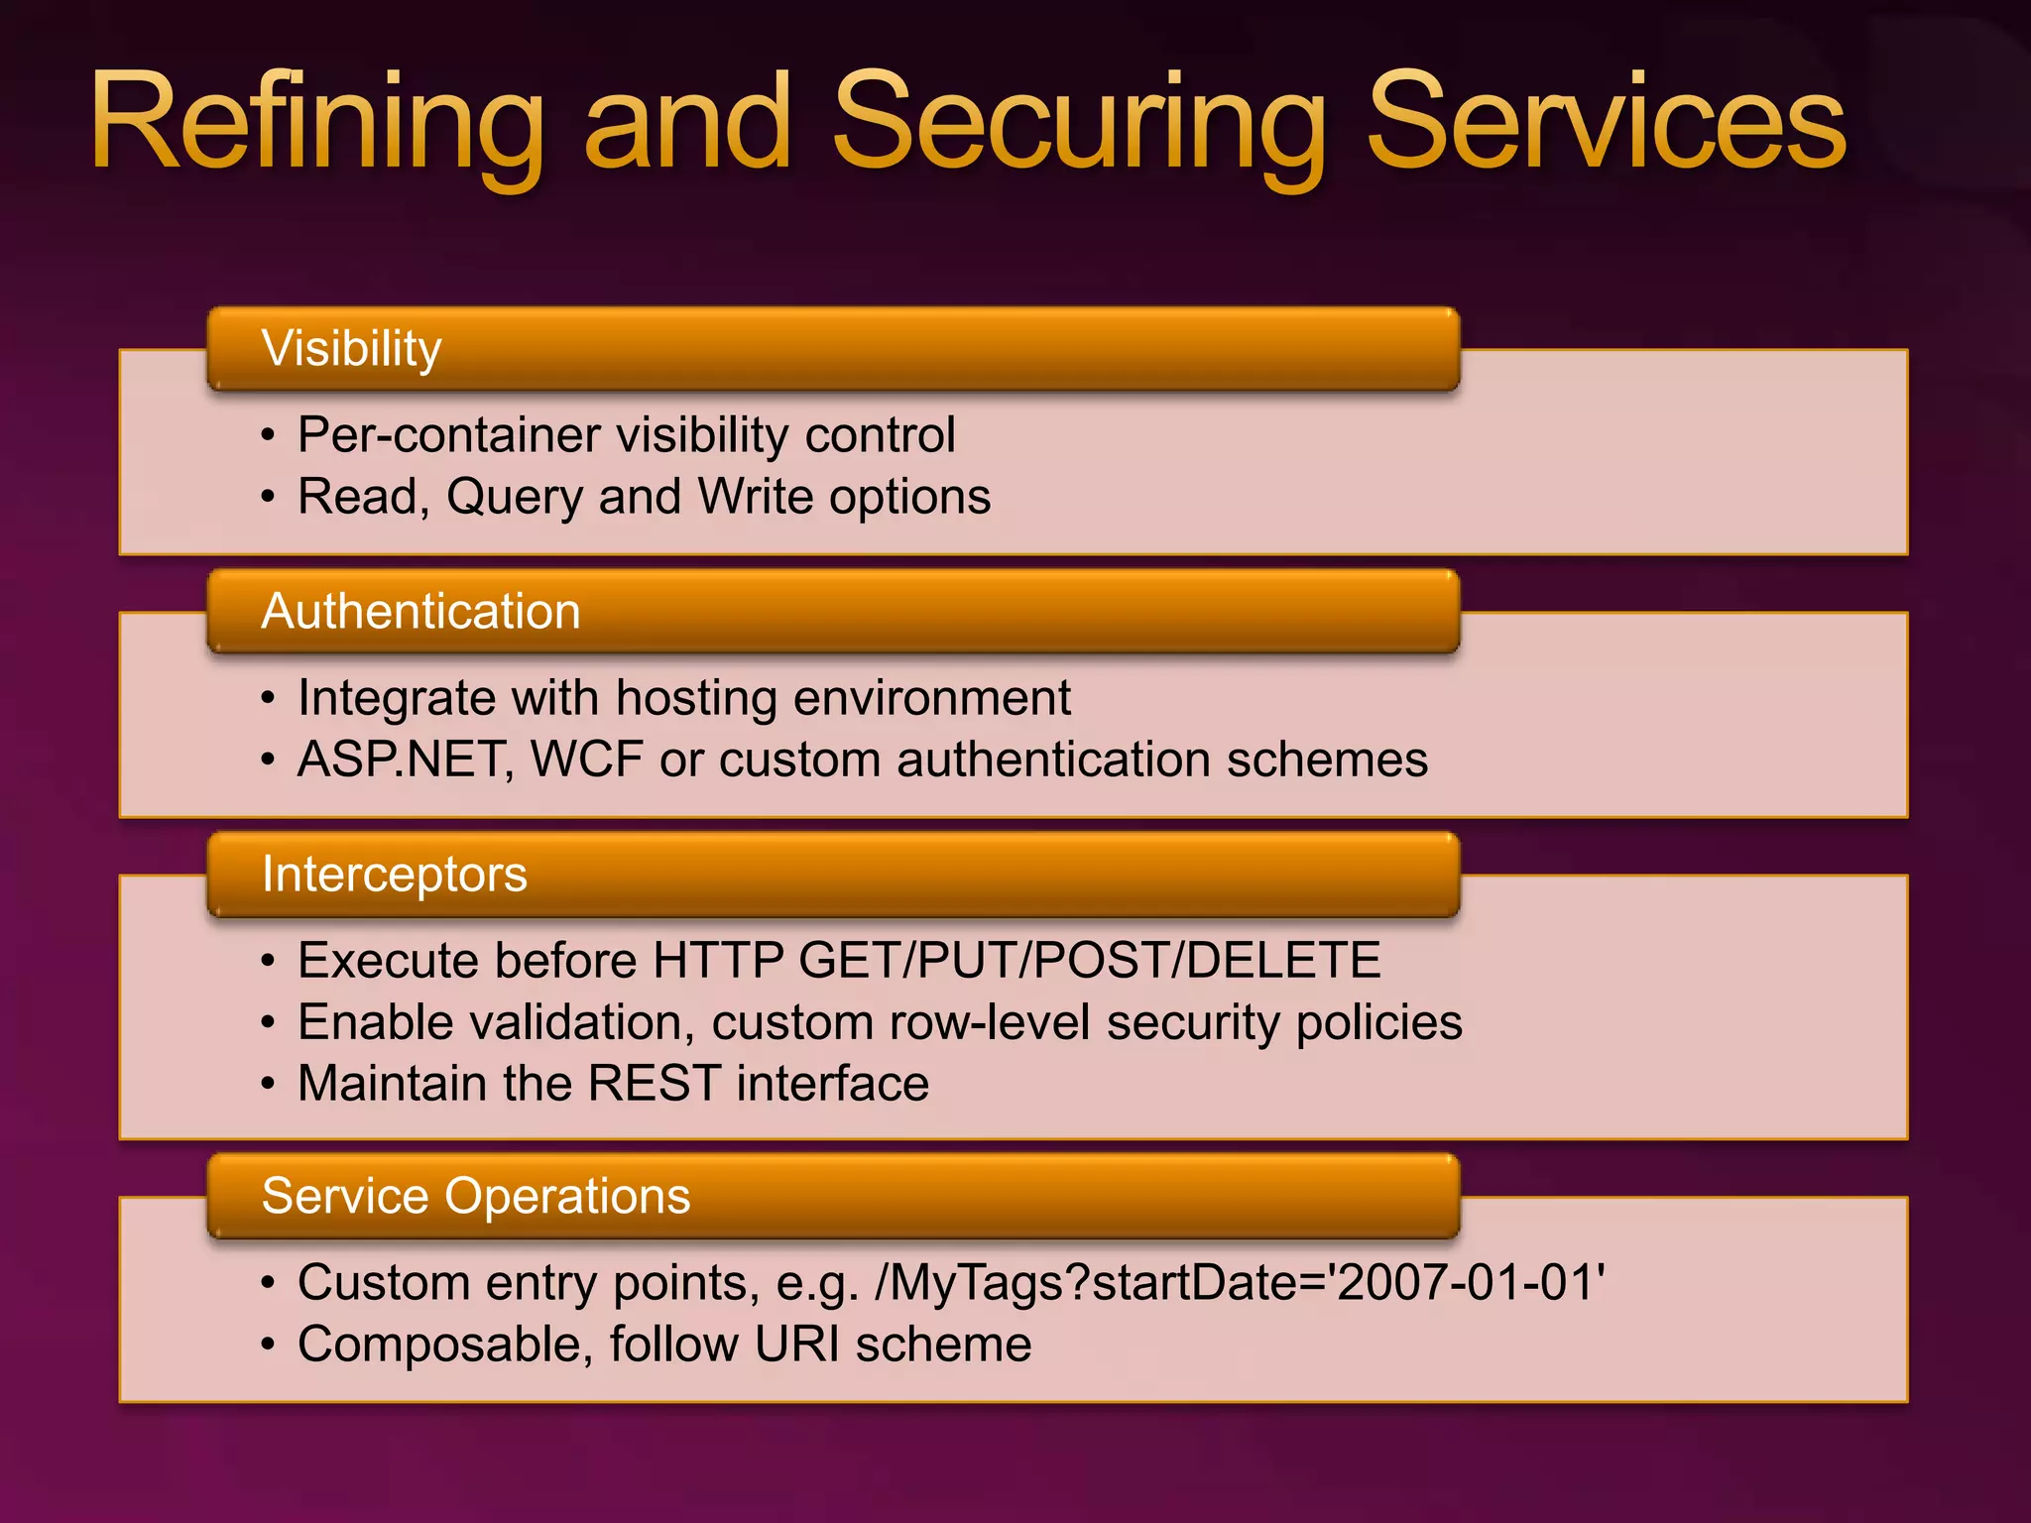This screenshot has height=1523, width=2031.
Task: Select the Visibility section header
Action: pos(351,349)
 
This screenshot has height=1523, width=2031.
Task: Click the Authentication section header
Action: pos(420,612)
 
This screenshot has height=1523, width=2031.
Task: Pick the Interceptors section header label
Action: pos(394,875)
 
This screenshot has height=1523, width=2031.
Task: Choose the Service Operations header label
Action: pos(475,1196)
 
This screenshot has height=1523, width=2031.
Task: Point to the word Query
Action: pos(514,498)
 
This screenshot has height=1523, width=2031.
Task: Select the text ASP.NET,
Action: pos(406,761)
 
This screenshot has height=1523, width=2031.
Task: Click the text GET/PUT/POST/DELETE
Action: pos(1089,961)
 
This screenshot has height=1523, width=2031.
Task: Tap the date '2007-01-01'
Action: pos(1470,1283)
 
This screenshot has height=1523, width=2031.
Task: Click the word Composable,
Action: pos(445,1346)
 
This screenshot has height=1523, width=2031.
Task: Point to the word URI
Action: pos(796,1346)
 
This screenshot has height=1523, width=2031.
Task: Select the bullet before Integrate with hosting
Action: pos(268,699)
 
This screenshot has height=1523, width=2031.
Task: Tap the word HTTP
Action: pos(718,961)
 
